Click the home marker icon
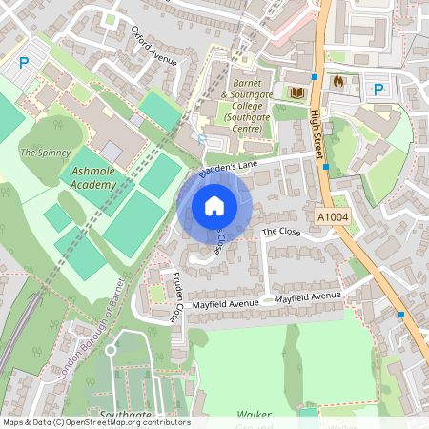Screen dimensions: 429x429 (x=214, y=206)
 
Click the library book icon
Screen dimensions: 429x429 (x=296, y=92)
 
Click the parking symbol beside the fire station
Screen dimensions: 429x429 (x=378, y=90)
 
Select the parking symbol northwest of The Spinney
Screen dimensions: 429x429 (x=24, y=64)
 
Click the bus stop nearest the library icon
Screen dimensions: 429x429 (x=315, y=76)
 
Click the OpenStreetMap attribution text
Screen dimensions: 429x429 (x=96, y=422)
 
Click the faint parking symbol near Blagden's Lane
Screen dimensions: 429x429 (x=200, y=139)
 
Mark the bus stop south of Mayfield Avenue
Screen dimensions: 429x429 (x=400, y=315)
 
